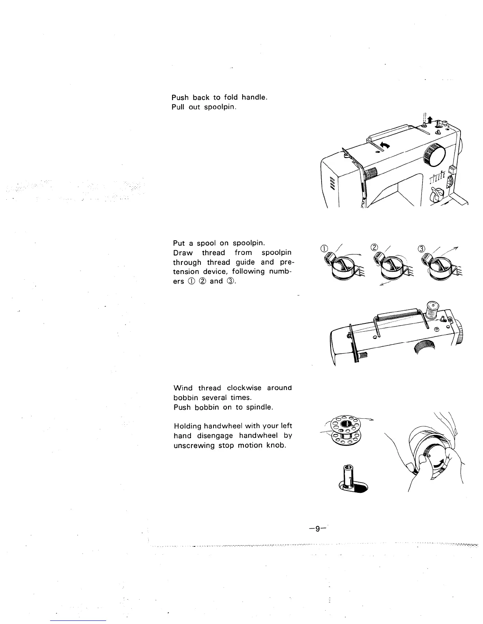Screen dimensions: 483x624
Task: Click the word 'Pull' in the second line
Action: (178, 107)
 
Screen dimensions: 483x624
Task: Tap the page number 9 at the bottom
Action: (317, 529)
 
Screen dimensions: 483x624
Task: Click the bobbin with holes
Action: (345, 430)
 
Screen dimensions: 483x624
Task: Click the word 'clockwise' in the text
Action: (245, 388)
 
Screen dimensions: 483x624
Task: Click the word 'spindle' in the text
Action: (259, 407)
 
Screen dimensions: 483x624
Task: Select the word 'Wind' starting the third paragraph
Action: (183, 388)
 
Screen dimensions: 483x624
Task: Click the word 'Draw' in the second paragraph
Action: (183, 253)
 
